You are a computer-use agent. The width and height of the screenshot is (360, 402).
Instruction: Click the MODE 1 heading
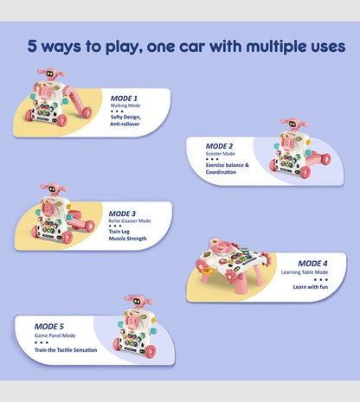pyautogui.click(x=124, y=99)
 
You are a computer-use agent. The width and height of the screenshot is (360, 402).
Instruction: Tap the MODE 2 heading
pyautogui.click(x=219, y=146)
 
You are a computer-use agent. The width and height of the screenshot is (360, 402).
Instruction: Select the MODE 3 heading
pyautogui.click(x=122, y=214)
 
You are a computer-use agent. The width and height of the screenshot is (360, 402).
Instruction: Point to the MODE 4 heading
pyautogui.click(x=312, y=264)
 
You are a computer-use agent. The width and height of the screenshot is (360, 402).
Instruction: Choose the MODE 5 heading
pyautogui.click(x=49, y=327)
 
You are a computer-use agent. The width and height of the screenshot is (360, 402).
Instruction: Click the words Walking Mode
pyautogui.click(x=125, y=105)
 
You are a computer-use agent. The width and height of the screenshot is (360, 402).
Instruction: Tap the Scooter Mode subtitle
pyautogui.click(x=221, y=154)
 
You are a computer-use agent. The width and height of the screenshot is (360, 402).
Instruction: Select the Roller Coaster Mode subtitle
pyautogui.click(x=130, y=221)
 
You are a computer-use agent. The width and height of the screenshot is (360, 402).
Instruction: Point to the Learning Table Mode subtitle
pyautogui.click(x=305, y=272)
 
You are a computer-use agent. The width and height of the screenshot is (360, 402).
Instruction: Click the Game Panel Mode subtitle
pyautogui.click(x=55, y=335)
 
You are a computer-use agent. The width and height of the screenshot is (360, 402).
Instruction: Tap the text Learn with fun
pyautogui.click(x=311, y=287)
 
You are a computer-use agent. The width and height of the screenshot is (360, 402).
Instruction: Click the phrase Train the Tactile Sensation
pyautogui.click(x=66, y=350)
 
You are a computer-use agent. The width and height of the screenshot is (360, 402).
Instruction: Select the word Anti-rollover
pyautogui.click(x=125, y=124)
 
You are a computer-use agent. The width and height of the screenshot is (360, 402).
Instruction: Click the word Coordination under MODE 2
pyautogui.click(x=221, y=172)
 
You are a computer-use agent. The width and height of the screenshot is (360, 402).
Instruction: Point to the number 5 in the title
pyautogui.click(x=32, y=46)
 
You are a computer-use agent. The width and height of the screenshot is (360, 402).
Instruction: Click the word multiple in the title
pyautogui.click(x=276, y=47)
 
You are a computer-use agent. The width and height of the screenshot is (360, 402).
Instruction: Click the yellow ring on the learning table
pyautogui.click(x=209, y=271)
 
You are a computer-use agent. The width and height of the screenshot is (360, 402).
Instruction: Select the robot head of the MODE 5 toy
pyautogui.click(x=138, y=302)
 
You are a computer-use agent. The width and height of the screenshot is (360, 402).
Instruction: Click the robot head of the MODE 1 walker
pyautogui.click(x=51, y=73)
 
